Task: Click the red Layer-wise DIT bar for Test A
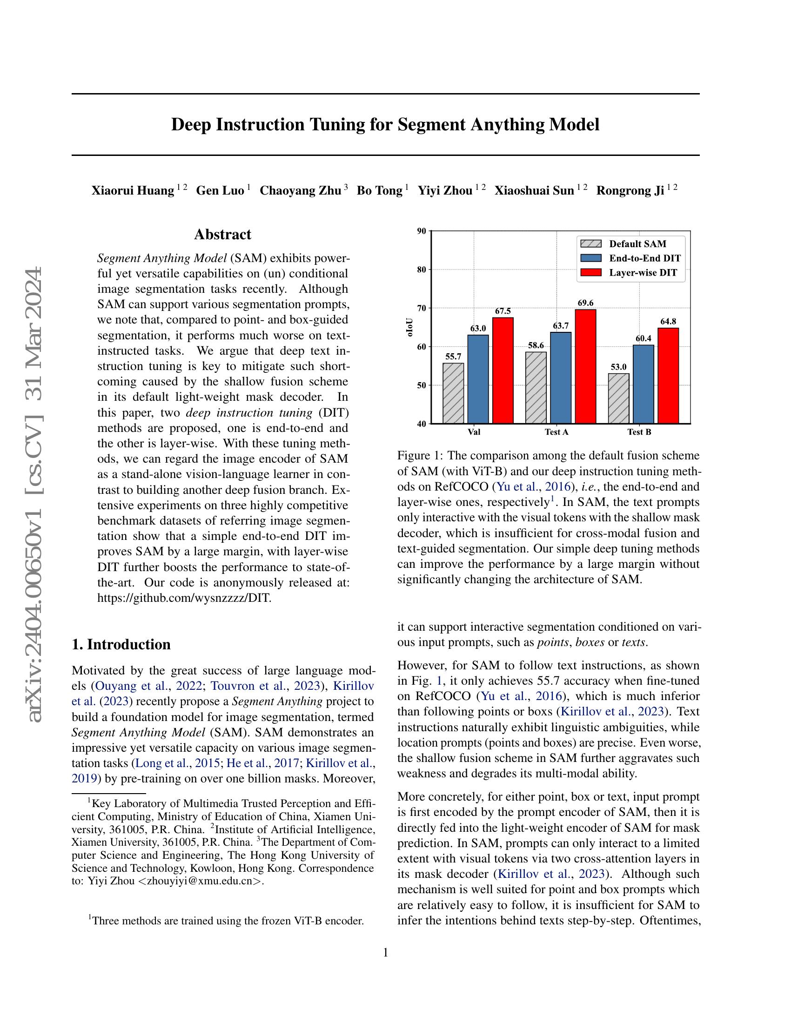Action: tap(585, 366)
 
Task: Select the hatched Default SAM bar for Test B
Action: tap(618, 398)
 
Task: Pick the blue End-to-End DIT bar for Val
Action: tap(478, 379)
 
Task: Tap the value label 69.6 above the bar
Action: tap(585, 303)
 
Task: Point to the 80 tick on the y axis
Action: tap(421, 269)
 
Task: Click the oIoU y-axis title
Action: tap(410, 327)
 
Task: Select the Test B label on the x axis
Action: tap(639, 432)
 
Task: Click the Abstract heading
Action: tap(222, 235)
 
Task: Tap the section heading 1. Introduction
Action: tap(121, 644)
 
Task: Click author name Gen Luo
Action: tap(220, 191)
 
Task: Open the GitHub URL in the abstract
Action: tap(184, 598)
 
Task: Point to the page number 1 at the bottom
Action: tap(386, 953)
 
